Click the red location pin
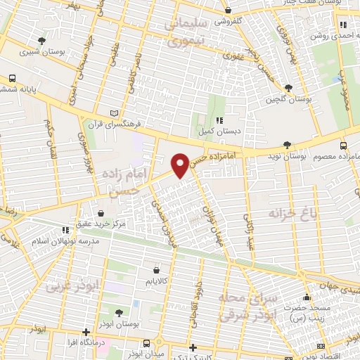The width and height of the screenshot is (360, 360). coord(181,165)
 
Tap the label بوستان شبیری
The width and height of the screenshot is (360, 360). coord(39,51)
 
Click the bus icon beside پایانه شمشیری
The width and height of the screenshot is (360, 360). coord(12,79)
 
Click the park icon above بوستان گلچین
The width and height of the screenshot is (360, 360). coord(288,88)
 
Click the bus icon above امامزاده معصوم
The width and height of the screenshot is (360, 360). coord(343,146)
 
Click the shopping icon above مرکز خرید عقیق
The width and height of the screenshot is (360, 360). coord(101,213)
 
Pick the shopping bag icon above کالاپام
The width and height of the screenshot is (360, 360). coord(156,269)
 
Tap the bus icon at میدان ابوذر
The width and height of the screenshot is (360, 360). coord(146,344)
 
